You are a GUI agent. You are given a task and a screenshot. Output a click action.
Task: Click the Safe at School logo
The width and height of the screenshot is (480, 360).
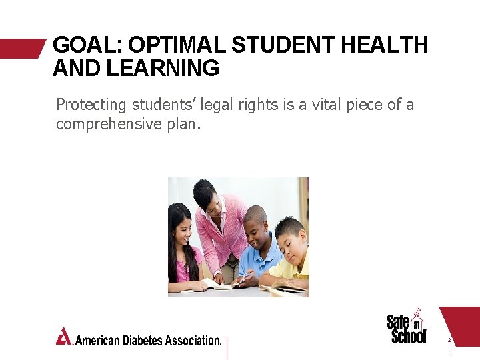(407, 327)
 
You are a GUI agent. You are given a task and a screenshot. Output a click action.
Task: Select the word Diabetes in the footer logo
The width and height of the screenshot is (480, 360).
(141, 340)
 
